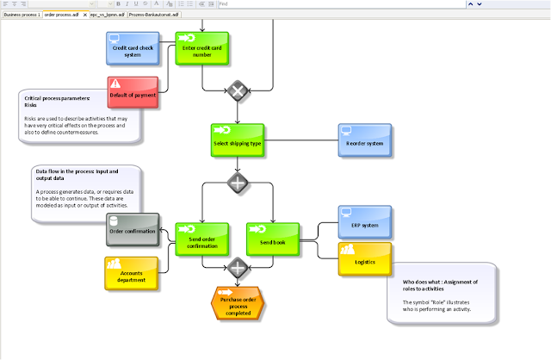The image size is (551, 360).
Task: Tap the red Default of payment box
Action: click(133, 92)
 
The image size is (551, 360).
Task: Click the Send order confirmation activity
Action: click(201, 239)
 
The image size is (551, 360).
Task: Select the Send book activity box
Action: click(271, 239)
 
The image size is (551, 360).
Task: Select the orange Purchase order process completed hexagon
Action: click(237, 303)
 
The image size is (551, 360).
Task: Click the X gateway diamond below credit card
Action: click(237, 90)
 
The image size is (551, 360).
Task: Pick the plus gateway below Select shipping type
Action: click(237, 183)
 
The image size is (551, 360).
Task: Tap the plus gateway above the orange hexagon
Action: click(237, 270)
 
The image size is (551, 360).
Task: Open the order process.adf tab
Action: click(60, 16)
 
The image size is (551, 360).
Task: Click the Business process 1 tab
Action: click(21, 16)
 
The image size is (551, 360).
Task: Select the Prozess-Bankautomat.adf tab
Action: click(155, 16)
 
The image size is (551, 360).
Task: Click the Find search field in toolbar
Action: click(379, 4)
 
